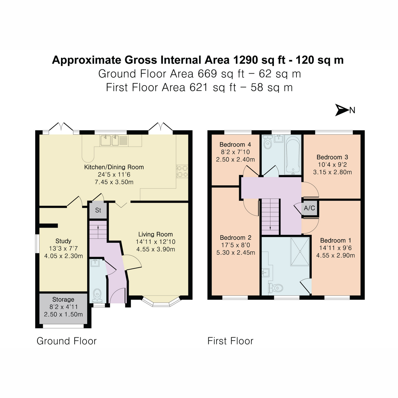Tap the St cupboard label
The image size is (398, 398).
coord(98,210)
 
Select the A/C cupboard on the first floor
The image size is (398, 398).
coord(309,208)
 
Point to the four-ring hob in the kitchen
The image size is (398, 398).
coord(182,171)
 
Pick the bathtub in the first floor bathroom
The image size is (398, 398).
coord(293,155)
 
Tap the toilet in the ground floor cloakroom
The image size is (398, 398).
coord(97,294)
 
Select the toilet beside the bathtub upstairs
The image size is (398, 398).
coord(267,144)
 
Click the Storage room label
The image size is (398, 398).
coord(63,299)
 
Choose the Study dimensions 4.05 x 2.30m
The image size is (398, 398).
coord(63,256)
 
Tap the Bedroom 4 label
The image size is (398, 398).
coord(235,145)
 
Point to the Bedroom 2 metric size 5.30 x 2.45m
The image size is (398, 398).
coord(235,252)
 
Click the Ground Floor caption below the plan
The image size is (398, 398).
coord(66,341)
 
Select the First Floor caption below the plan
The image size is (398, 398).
coord(230,341)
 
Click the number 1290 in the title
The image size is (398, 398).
coord(246,60)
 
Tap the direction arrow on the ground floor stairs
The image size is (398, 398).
coord(98,228)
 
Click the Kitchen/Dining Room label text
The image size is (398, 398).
coord(114,167)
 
